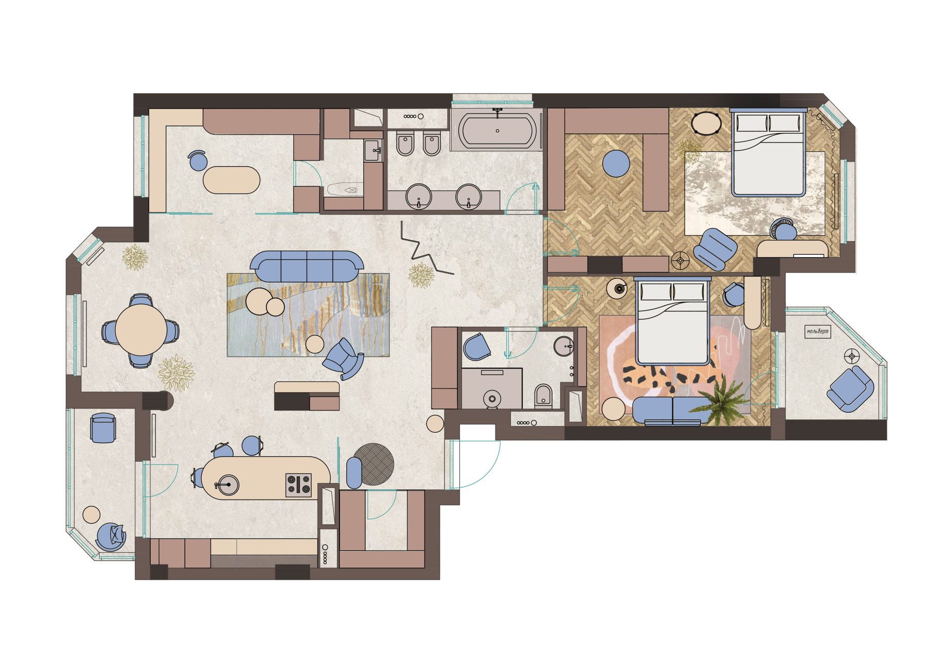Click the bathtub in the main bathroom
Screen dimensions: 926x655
coord(497,131)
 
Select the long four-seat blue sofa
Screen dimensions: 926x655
coord(307,267)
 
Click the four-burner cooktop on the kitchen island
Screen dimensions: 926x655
coord(299,485)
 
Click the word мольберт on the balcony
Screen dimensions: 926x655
coord(818,332)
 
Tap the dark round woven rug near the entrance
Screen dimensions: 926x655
coord(374,464)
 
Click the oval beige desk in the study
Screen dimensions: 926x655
coord(232,180)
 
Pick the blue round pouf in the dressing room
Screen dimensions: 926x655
coord(616,164)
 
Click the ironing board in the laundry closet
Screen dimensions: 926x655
coord(344,189)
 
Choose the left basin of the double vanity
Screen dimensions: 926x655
coord(419,196)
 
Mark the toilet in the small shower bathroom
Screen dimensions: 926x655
coord(543,396)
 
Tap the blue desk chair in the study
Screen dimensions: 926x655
coord(198,160)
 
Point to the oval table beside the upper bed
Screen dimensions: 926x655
coord(706,123)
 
